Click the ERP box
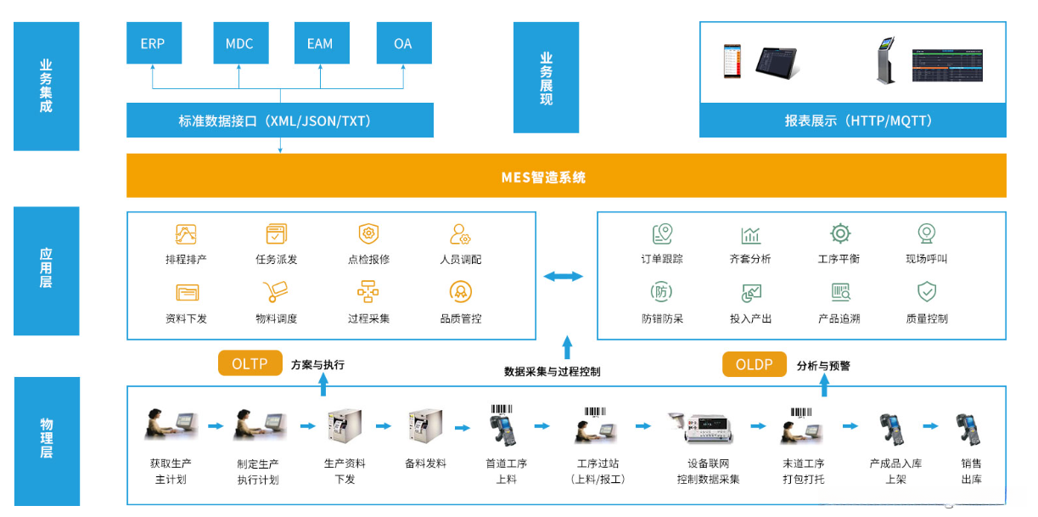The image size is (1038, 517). (153, 43)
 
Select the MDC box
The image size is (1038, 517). (239, 43)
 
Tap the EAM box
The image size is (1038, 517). (320, 43)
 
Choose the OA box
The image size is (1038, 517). (403, 43)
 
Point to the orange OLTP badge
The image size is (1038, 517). (250, 364)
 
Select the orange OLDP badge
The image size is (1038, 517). (754, 364)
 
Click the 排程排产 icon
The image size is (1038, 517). (186, 234)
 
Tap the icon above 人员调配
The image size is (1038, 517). (461, 234)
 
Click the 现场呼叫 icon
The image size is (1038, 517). (926, 234)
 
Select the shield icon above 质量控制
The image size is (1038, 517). (927, 293)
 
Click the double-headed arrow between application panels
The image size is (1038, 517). (564, 276)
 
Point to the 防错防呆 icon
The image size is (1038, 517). (662, 292)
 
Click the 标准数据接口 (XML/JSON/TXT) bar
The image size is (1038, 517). (279, 121)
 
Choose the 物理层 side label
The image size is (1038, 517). (47, 439)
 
